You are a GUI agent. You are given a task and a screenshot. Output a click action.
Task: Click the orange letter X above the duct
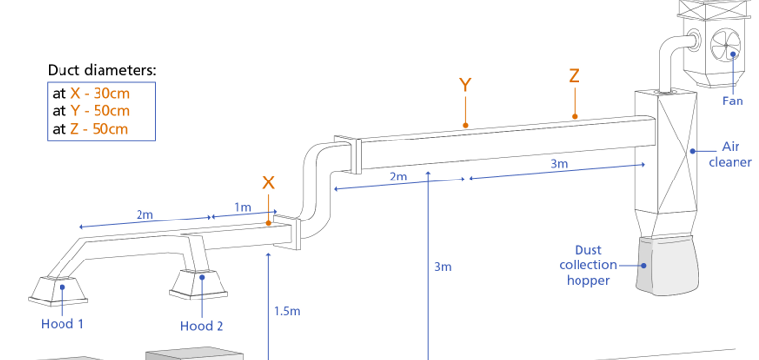point(269,182)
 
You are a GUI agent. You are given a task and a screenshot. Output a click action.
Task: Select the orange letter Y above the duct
point(465,85)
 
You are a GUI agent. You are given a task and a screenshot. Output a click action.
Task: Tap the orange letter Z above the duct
point(575,77)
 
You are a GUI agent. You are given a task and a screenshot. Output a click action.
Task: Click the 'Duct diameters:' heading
point(101,71)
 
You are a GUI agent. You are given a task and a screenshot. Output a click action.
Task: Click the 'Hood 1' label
point(61,324)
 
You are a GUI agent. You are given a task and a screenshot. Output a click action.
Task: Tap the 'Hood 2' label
point(201,326)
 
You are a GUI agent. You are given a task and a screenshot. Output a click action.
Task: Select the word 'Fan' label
point(734,100)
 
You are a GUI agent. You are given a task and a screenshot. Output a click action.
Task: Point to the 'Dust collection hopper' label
point(587,264)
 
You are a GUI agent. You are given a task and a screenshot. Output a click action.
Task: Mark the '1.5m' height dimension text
point(287,311)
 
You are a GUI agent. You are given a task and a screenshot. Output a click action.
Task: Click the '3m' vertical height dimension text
point(443,266)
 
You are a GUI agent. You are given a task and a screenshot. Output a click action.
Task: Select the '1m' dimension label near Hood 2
point(242,207)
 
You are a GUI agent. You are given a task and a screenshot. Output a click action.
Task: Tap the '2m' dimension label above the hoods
point(144,213)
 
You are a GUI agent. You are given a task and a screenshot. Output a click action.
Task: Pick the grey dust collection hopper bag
point(667,263)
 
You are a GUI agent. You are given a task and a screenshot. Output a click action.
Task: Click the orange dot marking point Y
point(465,125)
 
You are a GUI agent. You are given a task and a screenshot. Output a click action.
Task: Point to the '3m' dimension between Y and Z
point(559,164)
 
